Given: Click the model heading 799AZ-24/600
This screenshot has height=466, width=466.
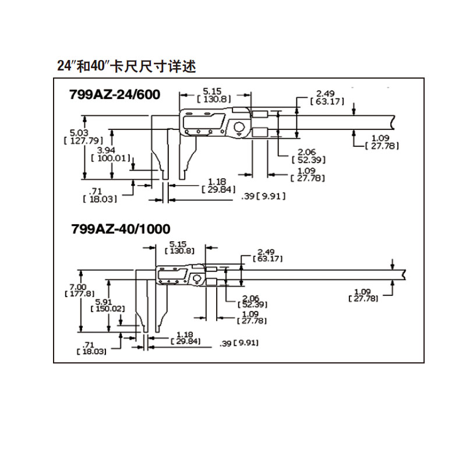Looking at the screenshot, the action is click(115, 94).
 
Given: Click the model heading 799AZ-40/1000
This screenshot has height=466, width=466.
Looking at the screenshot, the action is click(121, 229).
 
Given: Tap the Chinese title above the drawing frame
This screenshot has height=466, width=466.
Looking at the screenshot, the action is click(126, 66).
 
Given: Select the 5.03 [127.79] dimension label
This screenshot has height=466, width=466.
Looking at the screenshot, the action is click(83, 137).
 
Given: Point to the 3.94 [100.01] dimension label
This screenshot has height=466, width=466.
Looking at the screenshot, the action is click(111, 154).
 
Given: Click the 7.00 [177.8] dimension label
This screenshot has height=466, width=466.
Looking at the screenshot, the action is click(79, 290).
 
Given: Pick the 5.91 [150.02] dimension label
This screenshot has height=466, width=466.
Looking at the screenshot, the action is click(108, 305).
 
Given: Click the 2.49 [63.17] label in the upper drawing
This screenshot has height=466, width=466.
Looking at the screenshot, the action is click(327, 97).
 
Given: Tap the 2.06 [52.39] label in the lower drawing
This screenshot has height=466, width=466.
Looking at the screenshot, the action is click(252, 301).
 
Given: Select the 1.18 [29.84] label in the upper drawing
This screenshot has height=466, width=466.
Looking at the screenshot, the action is click(218, 185).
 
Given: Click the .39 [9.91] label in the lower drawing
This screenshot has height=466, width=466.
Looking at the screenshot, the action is click(239, 343).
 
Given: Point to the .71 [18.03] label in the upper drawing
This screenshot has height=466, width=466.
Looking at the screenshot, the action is click(100, 195).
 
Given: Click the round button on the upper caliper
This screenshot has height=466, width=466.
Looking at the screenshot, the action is click(239, 127).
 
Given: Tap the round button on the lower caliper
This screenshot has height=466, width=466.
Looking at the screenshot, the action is click(196, 279).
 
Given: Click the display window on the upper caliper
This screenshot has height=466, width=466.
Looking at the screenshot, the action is click(203, 122).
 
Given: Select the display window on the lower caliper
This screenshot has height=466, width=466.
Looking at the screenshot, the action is click(172, 274).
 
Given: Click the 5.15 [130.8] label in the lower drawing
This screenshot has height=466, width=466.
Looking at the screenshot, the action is click(179, 247).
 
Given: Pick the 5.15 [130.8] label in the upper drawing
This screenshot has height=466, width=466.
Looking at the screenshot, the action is click(214, 95).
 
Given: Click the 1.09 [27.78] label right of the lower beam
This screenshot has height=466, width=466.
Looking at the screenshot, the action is click(363, 295).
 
